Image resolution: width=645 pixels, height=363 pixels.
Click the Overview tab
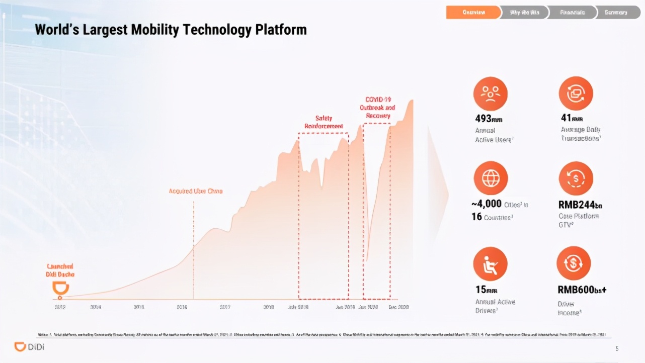click(x=473, y=13)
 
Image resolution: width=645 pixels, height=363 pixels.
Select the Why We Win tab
click(x=524, y=13)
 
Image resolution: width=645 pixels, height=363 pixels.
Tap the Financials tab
click(x=572, y=13)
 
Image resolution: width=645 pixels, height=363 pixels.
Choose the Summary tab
click(x=616, y=13)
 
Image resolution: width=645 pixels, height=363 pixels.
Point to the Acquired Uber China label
click(x=196, y=191)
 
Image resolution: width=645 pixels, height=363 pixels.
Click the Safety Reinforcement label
click(x=324, y=122)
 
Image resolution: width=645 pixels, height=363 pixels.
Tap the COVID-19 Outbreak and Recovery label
click(x=377, y=108)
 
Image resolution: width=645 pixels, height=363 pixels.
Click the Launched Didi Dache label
click(x=60, y=270)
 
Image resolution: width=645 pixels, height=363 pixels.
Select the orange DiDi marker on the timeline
click(x=61, y=289)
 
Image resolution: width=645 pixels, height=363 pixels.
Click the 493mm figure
click(x=489, y=119)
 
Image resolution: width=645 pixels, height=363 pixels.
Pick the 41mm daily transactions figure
click(x=572, y=119)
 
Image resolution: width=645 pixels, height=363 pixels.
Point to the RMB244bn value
click(x=580, y=205)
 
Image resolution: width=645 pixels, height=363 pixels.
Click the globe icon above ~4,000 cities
click(x=491, y=178)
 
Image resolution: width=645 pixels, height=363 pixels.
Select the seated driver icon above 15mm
click(x=491, y=264)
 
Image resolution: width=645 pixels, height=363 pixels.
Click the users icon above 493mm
click(x=491, y=94)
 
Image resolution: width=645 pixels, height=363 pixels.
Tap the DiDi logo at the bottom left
click(x=29, y=347)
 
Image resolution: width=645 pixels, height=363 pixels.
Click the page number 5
click(x=617, y=348)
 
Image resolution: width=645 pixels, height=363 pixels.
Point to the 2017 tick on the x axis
click(x=225, y=307)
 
